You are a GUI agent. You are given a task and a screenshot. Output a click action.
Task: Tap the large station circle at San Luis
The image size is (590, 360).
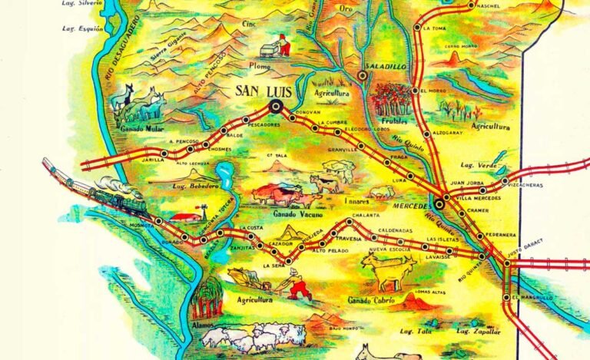tap(276, 107)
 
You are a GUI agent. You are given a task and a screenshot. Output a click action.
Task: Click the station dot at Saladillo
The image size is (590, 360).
tap(363, 75)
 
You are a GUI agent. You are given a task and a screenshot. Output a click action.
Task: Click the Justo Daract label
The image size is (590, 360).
tap(528, 249)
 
